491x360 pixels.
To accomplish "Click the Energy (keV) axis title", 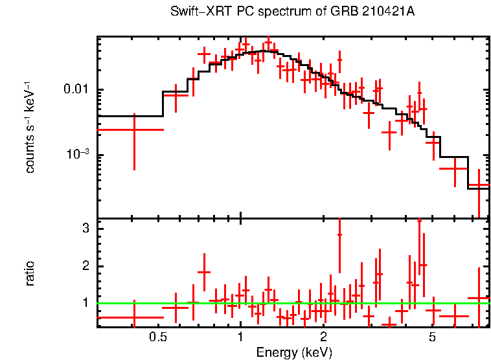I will [294, 353].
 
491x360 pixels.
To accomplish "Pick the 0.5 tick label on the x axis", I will [157, 337].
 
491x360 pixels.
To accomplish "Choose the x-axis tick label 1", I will [240, 337].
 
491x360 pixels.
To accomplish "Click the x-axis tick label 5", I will [433, 337].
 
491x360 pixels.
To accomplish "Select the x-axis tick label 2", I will [323, 337].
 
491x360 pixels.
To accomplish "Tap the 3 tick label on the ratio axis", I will [85, 229].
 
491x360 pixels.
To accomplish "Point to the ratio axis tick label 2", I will [85, 266].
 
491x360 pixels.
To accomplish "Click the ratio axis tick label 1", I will [85, 303].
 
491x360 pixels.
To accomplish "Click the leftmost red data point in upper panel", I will [134, 129].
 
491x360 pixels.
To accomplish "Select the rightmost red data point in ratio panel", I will [479, 298].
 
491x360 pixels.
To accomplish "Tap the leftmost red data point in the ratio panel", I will [134, 317].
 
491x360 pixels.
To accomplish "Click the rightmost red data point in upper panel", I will [479, 185].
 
